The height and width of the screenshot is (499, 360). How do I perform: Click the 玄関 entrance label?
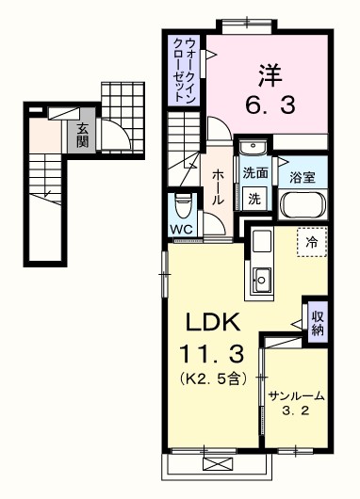coord(84,137)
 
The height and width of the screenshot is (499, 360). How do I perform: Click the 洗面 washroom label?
coord(254,174)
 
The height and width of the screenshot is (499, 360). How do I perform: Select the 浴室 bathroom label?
coord(303,177)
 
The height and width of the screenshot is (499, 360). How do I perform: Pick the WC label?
coord(183,229)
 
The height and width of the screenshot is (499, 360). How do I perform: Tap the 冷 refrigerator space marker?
coord(312,242)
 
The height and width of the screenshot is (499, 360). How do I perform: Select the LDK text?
coord(218,323)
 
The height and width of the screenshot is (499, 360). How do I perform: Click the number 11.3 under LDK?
coord(218,356)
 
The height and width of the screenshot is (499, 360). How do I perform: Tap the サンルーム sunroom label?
coord(296,395)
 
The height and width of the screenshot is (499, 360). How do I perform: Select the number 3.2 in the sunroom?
coord(296,411)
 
